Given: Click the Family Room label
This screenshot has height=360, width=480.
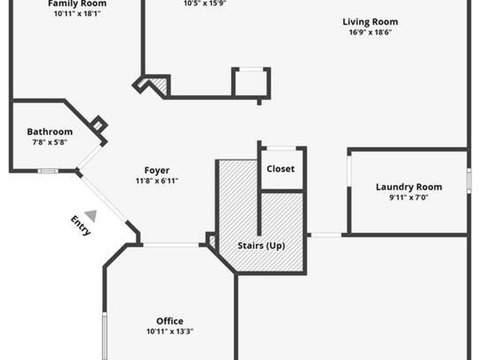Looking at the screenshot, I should click(x=77, y=4).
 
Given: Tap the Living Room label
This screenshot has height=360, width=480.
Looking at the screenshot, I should click(x=370, y=22).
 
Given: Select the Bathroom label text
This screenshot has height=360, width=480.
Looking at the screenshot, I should click(x=50, y=132).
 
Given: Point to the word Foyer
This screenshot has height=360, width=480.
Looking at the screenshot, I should click(x=157, y=170).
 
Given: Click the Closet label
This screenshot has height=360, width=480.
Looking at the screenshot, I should click(x=281, y=169).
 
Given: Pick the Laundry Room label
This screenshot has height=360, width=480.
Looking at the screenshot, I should click(x=409, y=187).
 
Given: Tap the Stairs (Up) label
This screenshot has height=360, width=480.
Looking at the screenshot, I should click(x=261, y=245).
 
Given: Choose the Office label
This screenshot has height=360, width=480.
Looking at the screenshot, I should click(x=170, y=321).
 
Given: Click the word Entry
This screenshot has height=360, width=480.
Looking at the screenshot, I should click(x=81, y=225).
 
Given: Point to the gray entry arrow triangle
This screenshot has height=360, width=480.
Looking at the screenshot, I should click(x=91, y=216).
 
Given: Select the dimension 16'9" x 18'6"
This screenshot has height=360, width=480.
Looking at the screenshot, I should click(x=370, y=33).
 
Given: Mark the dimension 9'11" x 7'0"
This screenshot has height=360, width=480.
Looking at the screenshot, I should click(x=409, y=197).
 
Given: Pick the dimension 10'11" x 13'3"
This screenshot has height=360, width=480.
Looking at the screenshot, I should click(x=170, y=331).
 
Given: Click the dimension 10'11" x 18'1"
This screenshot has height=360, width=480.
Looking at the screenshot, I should click(x=77, y=14).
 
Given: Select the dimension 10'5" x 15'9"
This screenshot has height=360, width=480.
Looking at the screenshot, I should click(x=206, y=3).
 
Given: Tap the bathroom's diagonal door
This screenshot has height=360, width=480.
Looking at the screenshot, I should click(x=90, y=157).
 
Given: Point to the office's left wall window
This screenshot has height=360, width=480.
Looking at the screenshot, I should click(x=105, y=335).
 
